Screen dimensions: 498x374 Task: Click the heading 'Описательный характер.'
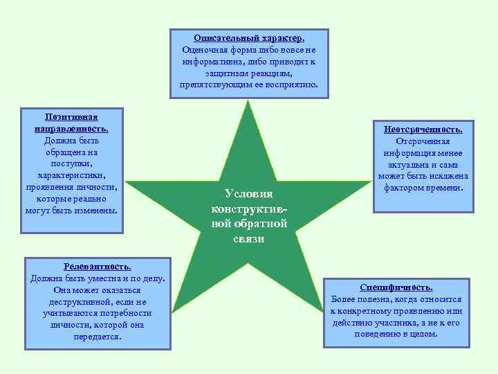(249, 38)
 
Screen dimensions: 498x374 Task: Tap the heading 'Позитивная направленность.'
(71, 122)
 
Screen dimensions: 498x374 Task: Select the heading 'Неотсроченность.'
(424, 130)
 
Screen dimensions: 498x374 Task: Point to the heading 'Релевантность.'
(97, 266)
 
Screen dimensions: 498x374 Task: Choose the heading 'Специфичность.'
(396, 287)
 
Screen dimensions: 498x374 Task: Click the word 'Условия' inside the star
(249, 194)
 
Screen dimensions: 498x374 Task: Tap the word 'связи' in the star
(249, 238)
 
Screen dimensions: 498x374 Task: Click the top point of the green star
(248, 103)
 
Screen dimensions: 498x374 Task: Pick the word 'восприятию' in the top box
(289, 84)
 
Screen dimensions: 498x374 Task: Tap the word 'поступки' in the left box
(71, 163)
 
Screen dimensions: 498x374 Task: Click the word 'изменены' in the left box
(98, 210)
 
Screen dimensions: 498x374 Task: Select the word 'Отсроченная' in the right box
(424, 142)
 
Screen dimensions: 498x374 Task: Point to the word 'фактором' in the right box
(403, 188)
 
